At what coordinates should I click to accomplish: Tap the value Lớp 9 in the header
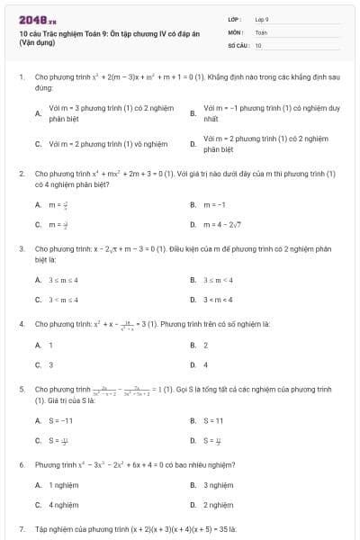tap(262, 19)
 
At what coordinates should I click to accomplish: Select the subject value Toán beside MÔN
tap(261, 31)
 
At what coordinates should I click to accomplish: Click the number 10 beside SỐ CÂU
tap(258, 44)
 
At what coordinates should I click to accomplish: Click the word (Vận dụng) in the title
tap(37, 42)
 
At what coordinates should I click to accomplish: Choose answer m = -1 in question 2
tap(214, 204)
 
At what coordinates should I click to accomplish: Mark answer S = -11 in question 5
tap(60, 420)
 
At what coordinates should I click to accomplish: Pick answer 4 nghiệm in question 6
tap(65, 505)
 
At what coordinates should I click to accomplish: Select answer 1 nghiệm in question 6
tap(65, 485)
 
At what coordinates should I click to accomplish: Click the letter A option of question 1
tap(37, 113)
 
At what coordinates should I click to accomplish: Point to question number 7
tap(21, 529)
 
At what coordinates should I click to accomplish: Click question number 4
tap(21, 322)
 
